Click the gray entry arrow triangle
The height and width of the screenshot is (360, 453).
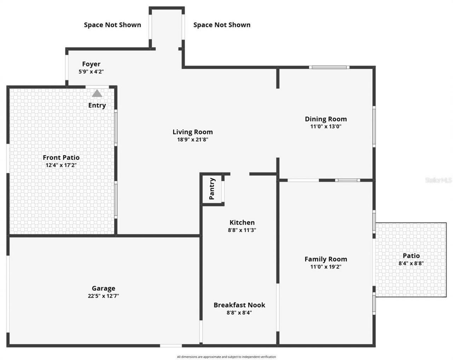tap(97, 93)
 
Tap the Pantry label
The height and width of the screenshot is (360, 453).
tap(212, 189)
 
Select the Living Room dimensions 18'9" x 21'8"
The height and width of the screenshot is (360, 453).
tap(193, 139)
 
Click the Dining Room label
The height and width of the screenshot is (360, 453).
tap(326, 119)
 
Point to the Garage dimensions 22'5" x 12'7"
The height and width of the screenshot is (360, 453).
tap(103, 296)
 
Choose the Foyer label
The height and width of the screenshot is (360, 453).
tap(91, 64)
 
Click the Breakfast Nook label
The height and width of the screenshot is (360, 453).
tap(239, 305)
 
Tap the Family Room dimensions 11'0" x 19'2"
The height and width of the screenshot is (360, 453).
tap(326, 267)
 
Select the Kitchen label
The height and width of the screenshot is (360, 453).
tap(242, 222)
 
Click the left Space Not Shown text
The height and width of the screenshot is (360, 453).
tap(112, 25)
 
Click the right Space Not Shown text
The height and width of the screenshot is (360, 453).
tap(222, 25)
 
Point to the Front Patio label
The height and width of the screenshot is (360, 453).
tap(61, 158)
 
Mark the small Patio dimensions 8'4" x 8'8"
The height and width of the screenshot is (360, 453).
tap(411, 263)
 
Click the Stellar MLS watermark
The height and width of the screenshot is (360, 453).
tap(438, 180)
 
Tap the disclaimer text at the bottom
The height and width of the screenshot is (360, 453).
tap(226, 357)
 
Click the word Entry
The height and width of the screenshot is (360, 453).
tap(97, 105)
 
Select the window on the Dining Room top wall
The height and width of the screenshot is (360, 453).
tap(329, 67)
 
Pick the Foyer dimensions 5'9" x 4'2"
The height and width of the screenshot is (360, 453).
tap(91, 72)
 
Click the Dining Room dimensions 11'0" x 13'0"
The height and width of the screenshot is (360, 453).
tap(326, 126)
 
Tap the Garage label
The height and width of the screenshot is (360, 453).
tap(103, 288)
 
